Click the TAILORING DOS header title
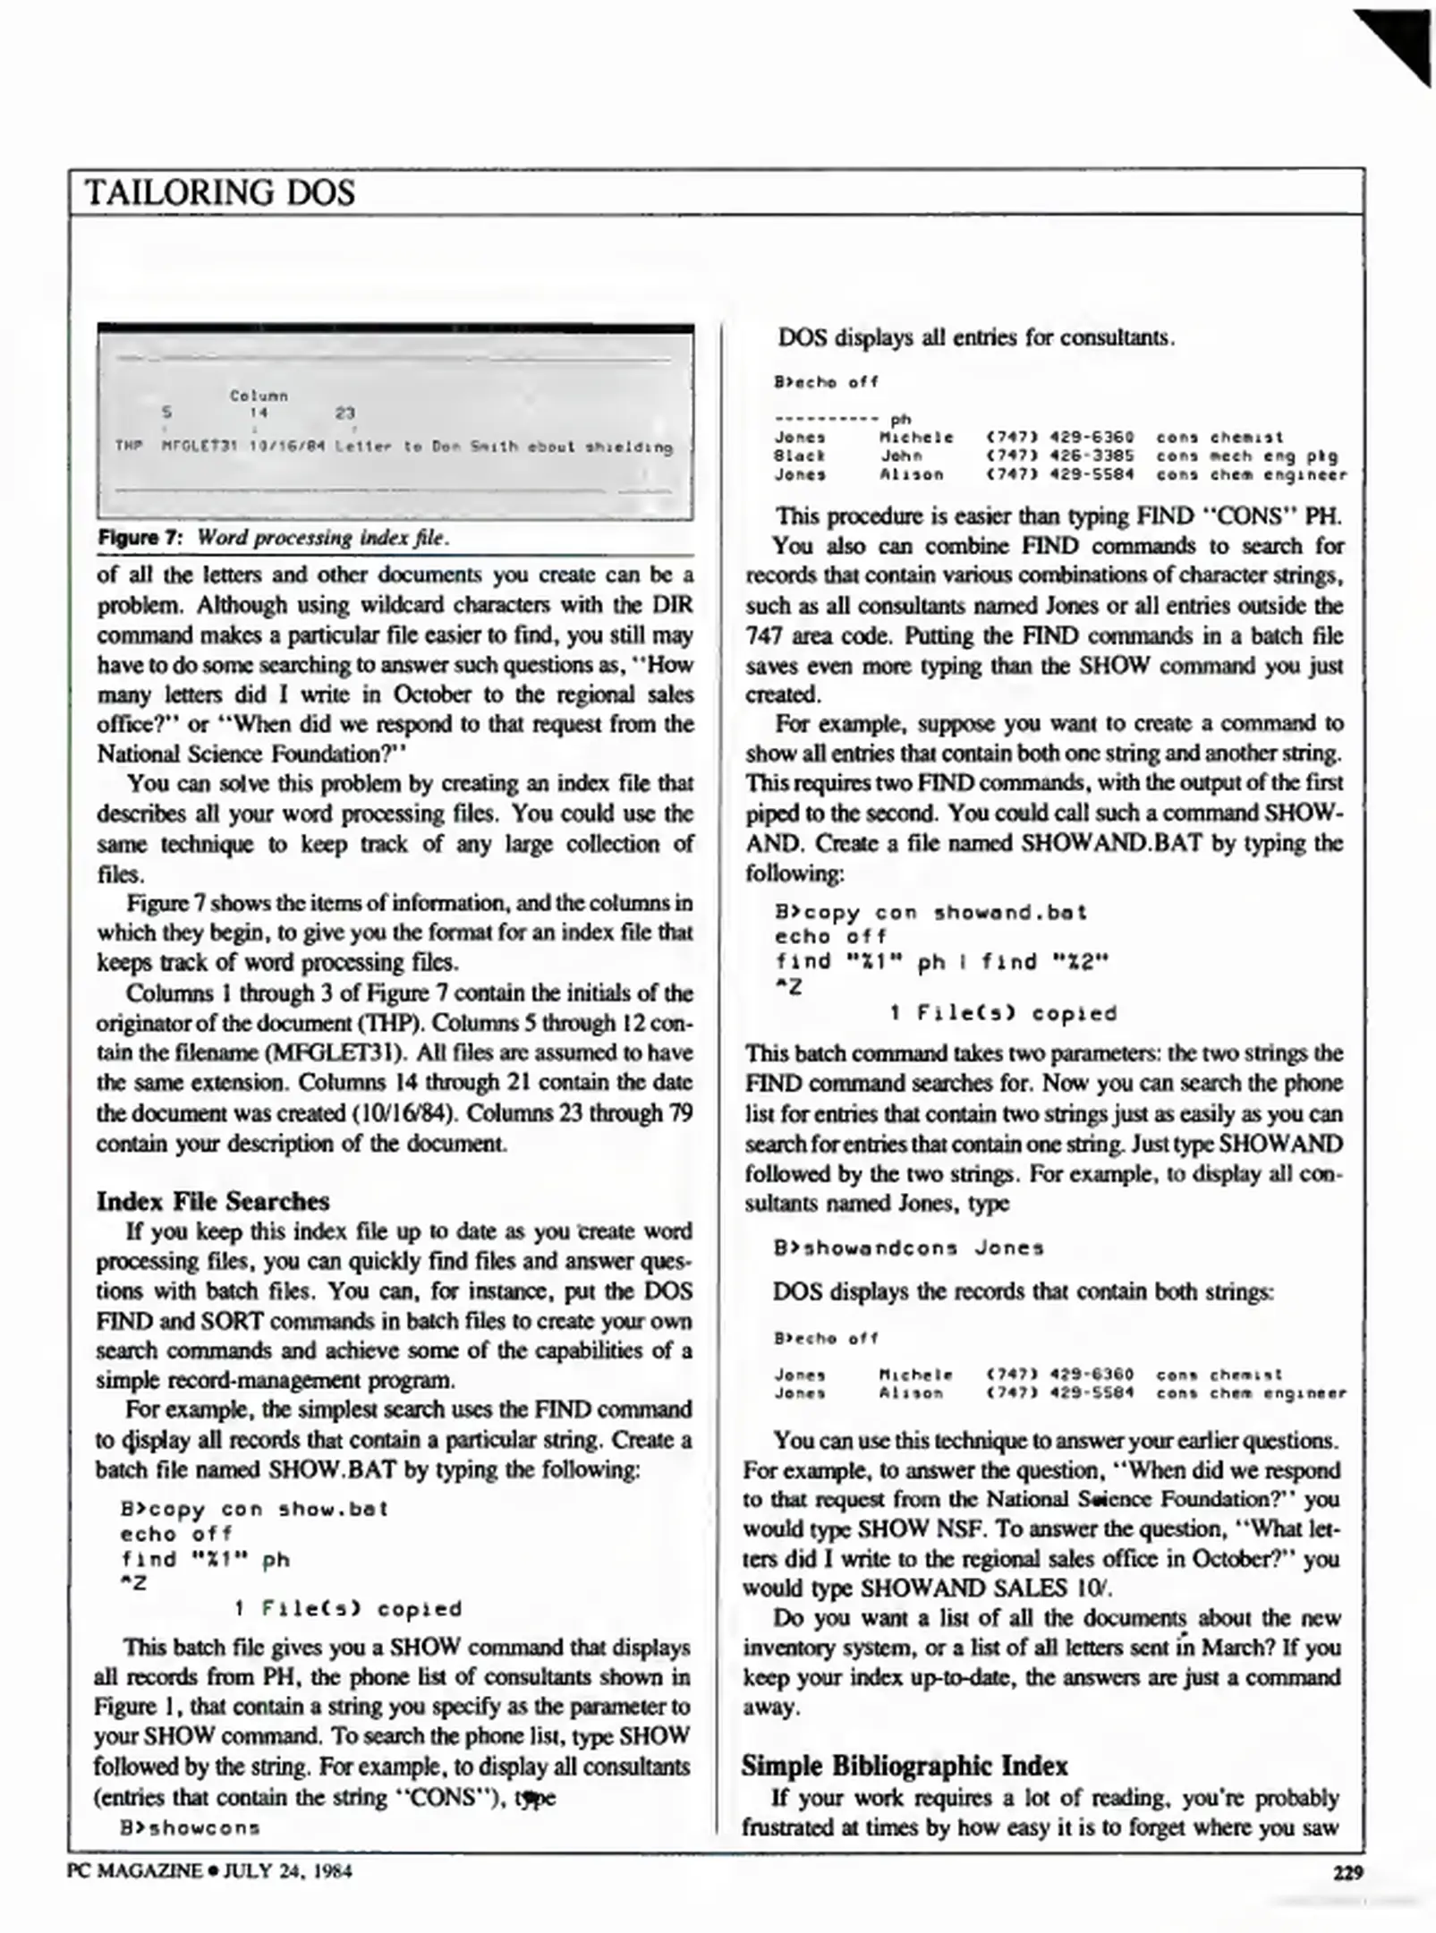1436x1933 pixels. [220, 193]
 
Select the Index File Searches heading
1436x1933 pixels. [213, 1201]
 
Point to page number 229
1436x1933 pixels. [1347, 1871]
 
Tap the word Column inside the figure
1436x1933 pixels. [259, 395]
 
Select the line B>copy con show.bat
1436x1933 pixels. [254, 1510]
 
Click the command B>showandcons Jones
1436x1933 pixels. [909, 1248]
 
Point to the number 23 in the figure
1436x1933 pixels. [344, 413]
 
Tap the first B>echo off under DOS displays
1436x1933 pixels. [826, 382]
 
